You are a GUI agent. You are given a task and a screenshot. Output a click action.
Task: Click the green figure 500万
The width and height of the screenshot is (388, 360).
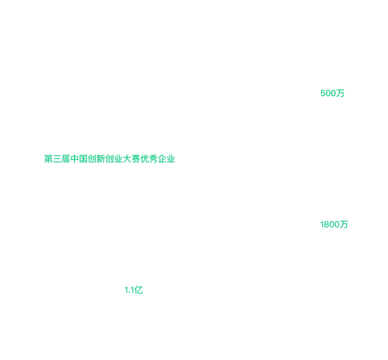coord(333,93)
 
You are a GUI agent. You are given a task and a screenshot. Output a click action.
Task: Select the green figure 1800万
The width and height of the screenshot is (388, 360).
coord(334,224)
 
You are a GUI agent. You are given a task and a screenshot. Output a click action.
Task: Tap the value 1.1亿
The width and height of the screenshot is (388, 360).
coord(133,290)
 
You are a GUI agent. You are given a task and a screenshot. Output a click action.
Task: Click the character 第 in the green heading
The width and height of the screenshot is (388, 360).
coord(48,159)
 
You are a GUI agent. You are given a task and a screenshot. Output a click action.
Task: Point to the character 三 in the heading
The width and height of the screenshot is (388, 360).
coord(57,159)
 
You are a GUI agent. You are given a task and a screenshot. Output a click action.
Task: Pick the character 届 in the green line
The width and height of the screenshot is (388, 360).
coord(66,159)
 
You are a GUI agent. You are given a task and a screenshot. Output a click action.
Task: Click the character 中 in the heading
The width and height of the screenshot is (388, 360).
coord(74,159)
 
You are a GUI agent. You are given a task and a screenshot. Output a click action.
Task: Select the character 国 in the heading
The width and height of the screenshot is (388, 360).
coord(83,159)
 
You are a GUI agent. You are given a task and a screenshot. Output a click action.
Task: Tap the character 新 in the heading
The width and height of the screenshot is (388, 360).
coord(101,159)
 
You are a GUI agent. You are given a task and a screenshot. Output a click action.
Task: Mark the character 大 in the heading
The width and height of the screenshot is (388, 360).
coord(127,159)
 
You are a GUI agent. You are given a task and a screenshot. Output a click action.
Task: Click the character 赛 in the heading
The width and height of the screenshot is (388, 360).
coord(136,159)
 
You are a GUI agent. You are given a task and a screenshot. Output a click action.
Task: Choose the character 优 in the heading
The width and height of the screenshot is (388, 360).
coord(144,159)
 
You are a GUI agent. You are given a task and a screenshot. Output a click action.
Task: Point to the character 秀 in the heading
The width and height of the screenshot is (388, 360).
coord(153,159)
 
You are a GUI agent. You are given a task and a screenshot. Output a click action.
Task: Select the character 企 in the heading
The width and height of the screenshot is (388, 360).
coord(162,159)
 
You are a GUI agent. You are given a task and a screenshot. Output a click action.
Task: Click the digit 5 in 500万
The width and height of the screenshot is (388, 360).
coord(323,93)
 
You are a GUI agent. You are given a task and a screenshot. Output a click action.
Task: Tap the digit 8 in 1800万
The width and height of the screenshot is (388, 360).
coord(327,224)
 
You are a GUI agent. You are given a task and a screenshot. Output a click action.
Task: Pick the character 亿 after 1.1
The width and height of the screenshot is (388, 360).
coord(139,290)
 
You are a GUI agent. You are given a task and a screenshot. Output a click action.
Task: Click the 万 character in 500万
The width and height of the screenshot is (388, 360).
coord(341,93)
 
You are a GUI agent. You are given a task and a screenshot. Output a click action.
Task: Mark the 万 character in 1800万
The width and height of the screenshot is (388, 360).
coord(344,224)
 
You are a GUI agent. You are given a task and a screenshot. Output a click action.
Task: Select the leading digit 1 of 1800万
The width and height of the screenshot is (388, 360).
coord(322,224)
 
